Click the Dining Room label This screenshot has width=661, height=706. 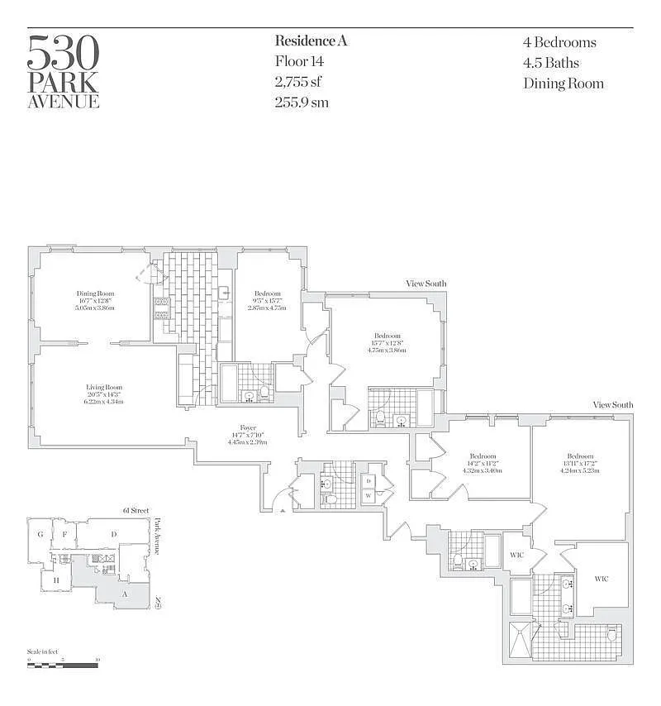(95, 294)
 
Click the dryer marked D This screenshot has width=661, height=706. (368, 480)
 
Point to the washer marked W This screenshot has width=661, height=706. (368, 496)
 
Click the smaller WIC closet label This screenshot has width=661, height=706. (517, 553)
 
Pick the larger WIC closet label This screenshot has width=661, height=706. (601, 579)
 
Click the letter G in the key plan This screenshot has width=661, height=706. (39, 534)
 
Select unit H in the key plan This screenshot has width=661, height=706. (56, 580)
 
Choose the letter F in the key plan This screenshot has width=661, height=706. (64, 534)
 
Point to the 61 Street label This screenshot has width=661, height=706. (134, 511)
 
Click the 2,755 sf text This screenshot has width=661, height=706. (297, 82)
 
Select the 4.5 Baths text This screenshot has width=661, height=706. (550, 63)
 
